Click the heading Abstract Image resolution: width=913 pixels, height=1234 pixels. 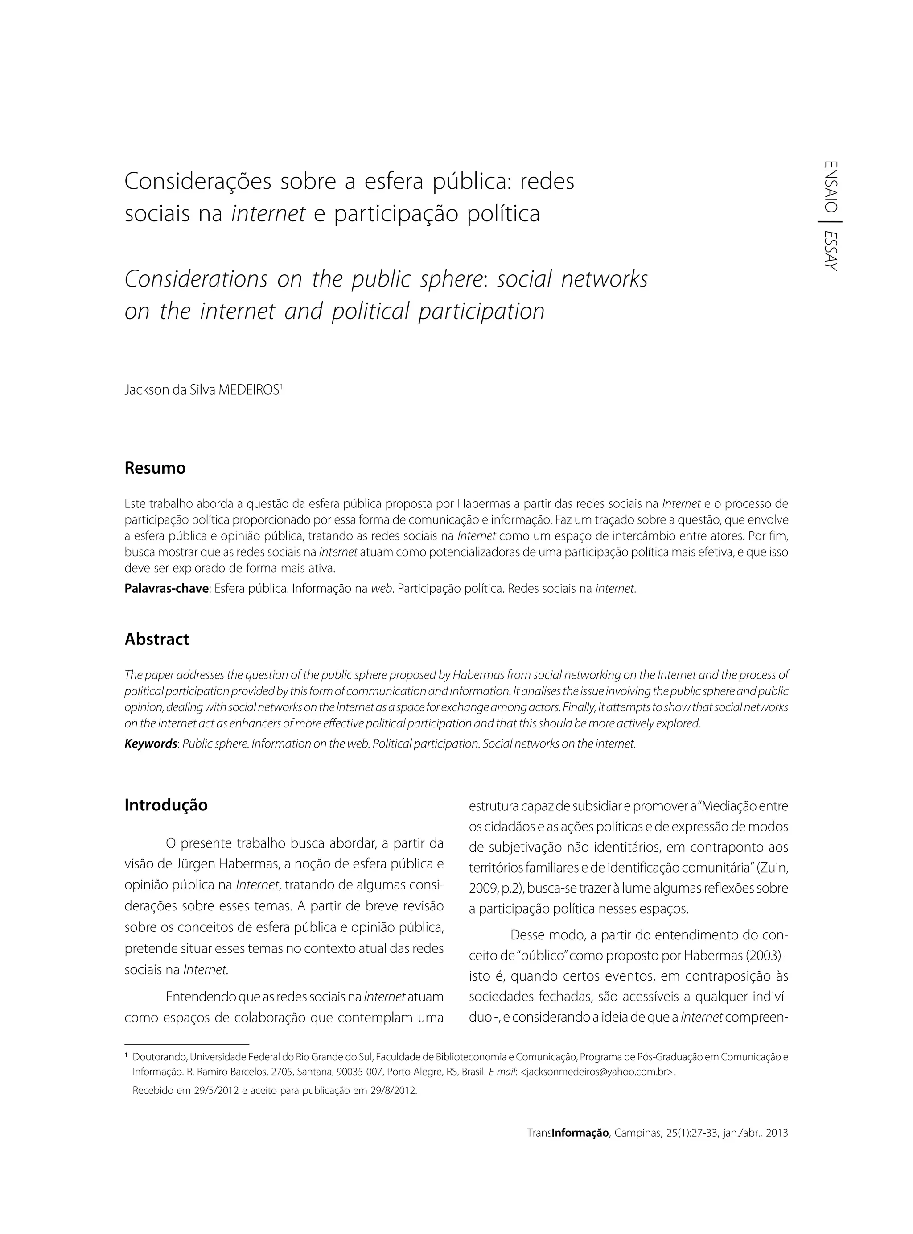click(x=156, y=640)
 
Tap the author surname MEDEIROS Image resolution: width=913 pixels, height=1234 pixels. click(x=249, y=390)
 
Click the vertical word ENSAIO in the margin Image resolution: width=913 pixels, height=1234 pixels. click(x=831, y=187)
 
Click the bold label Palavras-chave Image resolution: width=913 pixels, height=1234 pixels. click(x=166, y=589)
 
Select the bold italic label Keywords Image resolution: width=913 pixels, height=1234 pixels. click(x=150, y=744)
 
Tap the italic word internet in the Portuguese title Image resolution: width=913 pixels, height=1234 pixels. click(x=268, y=213)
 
